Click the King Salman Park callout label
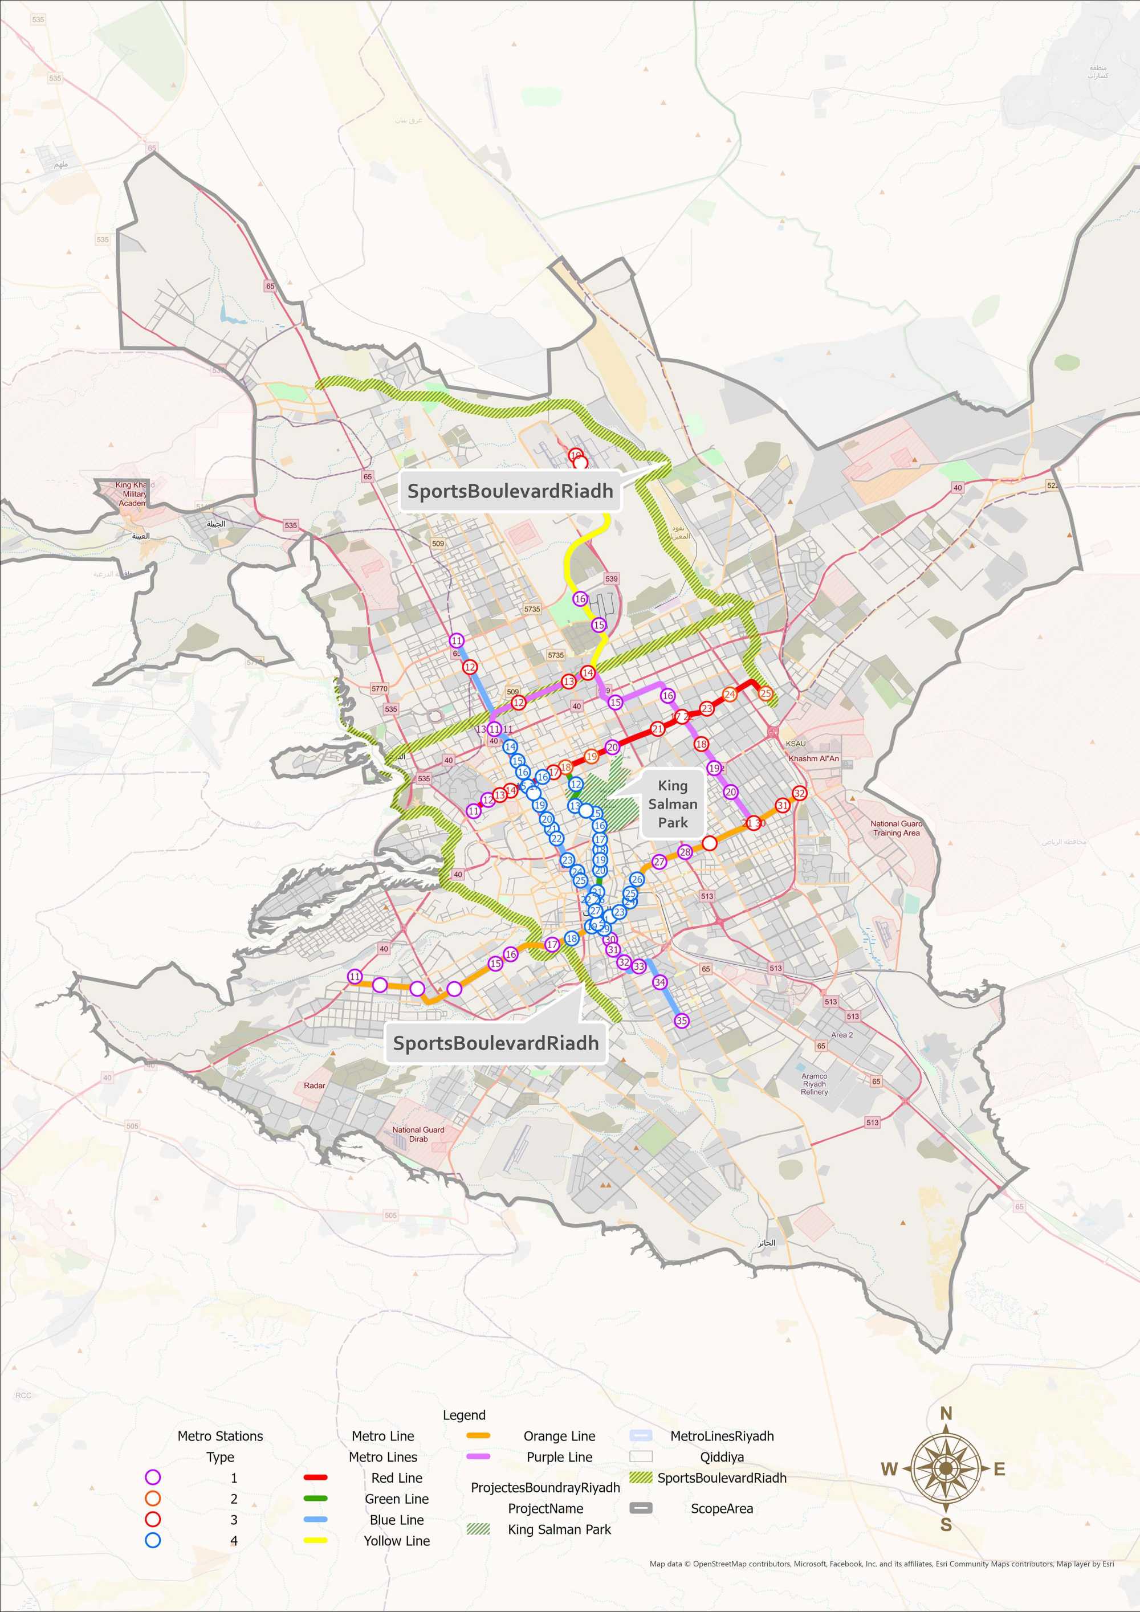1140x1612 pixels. [x=672, y=804]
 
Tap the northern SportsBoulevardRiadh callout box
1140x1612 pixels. [x=510, y=491]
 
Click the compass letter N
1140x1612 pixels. [x=946, y=1413]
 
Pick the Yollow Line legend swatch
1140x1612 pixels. [x=315, y=1540]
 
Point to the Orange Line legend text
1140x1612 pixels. [x=559, y=1436]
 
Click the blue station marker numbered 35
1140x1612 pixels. [x=681, y=1021]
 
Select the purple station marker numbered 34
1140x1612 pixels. [x=659, y=982]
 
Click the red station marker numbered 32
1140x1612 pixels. [x=799, y=793]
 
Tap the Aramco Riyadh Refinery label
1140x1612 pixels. [x=814, y=1083]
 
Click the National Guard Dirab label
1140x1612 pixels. [x=418, y=1134]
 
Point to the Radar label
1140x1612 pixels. [x=314, y=1085]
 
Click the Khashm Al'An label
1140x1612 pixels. [x=813, y=758]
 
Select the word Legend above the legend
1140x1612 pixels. [x=463, y=1415]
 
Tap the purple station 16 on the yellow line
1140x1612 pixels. [x=580, y=599]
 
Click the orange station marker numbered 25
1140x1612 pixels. [x=765, y=693]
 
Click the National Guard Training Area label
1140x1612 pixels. [x=896, y=829]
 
